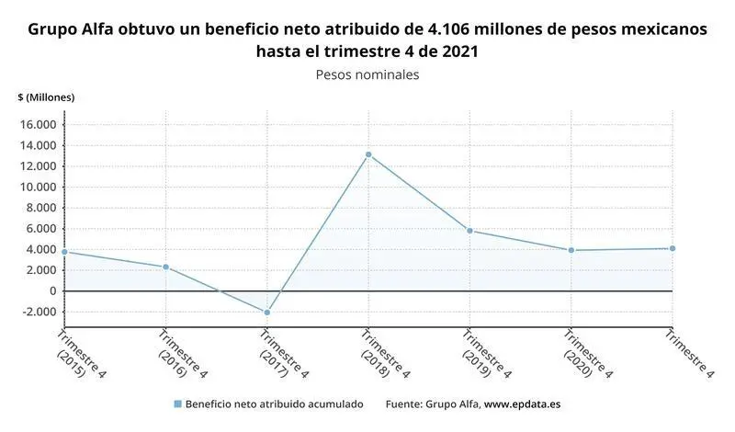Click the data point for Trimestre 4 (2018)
click(x=368, y=154)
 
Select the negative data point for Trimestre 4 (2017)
click(x=267, y=313)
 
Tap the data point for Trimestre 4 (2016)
click(x=166, y=267)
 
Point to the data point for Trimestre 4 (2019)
click(x=469, y=231)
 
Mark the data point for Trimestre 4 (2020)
click(x=571, y=250)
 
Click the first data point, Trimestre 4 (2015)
click(x=64, y=252)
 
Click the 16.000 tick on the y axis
click(x=40, y=125)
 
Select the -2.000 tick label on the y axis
click(x=40, y=312)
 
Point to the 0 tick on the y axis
click(x=52, y=291)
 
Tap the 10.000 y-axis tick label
click(x=40, y=188)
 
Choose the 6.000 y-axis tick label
click(x=42, y=229)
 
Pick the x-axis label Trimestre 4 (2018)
click(x=376, y=353)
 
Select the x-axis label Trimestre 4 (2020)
click(x=579, y=353)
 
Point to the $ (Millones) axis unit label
click(x=46, y=97)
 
